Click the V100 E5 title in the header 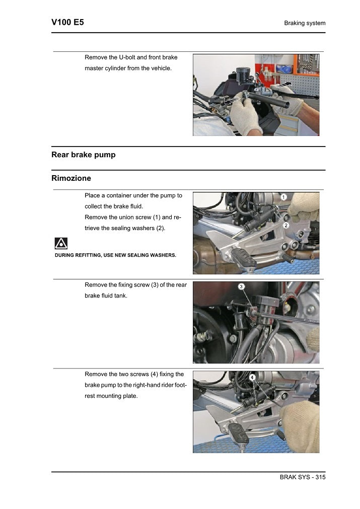pos(67,22)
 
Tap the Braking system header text pos(305,23)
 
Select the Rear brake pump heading pos(83,155)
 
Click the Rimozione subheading pos(71,178)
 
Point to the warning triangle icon pos(61,244)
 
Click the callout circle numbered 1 pos(283,197)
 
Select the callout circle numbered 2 pos(285,226)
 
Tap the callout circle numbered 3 pos(241,286)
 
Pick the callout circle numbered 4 pos(251,377)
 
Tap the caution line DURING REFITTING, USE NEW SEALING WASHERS pos(115,255)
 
